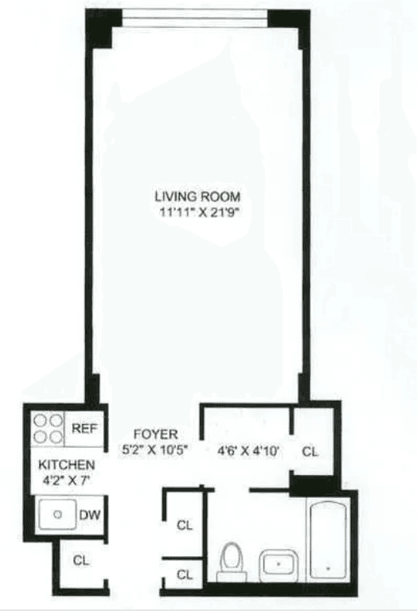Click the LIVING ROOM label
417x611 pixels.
197,197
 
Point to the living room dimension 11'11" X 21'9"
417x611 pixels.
199,213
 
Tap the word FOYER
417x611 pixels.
155,434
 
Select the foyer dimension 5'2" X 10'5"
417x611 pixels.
155,450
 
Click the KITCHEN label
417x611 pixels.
66,465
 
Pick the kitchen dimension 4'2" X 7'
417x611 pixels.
66,481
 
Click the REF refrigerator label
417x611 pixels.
84,429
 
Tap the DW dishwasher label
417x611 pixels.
90,516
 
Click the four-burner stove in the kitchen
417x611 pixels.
48,429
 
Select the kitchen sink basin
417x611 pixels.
57,515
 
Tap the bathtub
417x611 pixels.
329,540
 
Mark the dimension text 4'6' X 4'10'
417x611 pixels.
247,451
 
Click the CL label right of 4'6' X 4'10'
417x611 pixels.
310,452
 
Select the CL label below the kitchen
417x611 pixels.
80,561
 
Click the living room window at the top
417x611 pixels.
195,19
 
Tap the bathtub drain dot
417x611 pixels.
328,569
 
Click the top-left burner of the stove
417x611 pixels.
40,420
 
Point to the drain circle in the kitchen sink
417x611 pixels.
57,515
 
